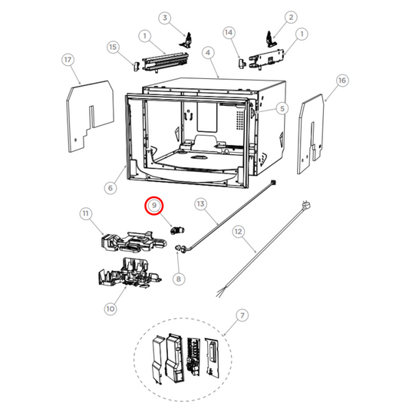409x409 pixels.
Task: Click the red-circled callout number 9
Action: [x=154, y=206]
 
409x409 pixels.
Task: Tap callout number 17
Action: [x=68, y=59]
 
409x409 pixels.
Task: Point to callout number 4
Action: [x=207, y=52]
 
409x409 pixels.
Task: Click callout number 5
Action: [x=282, y=109]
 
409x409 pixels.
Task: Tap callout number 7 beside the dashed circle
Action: [x=242, y=315]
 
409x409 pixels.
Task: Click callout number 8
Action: [x=178, y=279]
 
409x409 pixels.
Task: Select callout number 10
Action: [x=110, y=308]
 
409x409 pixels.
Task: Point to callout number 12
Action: [x=238, y=230]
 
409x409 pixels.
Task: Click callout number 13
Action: [x=201, y=204]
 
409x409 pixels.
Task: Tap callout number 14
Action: [x=229, y=32]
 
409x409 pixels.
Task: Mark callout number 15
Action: [x=114, y=48]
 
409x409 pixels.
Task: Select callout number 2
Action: [x=291, y=16]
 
